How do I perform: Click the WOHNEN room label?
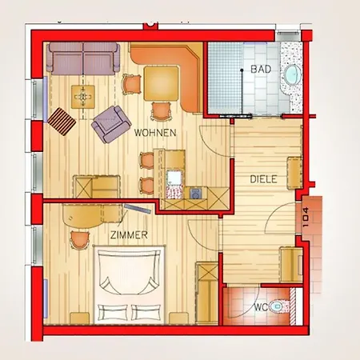pos(155,133)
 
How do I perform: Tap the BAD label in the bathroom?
pos(261,70)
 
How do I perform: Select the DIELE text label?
pos(263,179)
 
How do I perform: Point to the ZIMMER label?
pos(129,235)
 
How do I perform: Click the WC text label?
pos(261,307)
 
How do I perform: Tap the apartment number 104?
pos(306,217)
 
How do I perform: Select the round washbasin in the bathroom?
pos(293,74)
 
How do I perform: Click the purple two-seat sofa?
pos(83,58)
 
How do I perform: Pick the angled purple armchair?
pos(111,124)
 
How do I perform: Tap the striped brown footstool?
pos(62,122)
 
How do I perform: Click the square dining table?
pos(162,83)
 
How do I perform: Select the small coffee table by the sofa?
pos(83,97)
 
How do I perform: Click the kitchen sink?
pos(174,178)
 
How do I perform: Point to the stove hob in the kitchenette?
pos(197,194)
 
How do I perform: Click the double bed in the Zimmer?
pos(129,285)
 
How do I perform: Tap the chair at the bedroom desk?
pos(79,240)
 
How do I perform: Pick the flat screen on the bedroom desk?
pos(138,209)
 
